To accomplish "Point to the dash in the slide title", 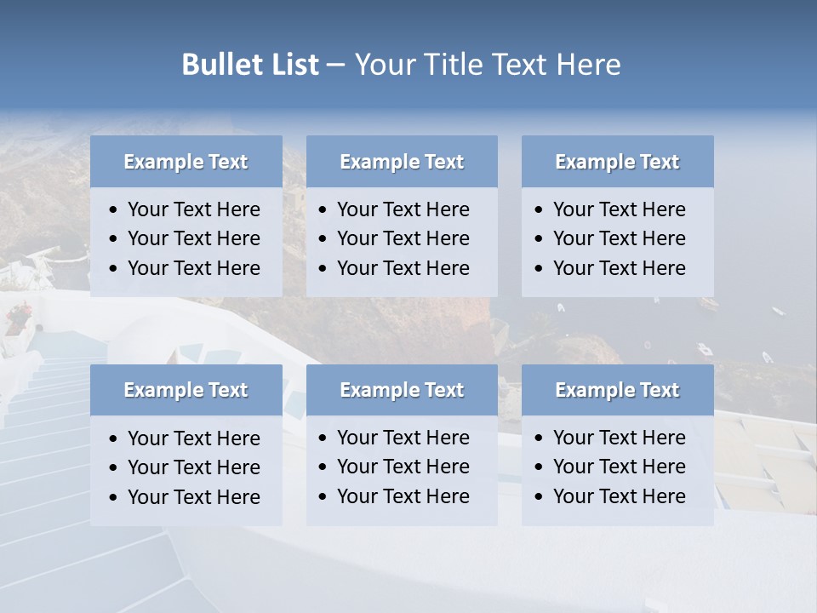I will [335, 66].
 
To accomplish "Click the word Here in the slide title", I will [588, 65].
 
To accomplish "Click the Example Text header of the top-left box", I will [186, 162].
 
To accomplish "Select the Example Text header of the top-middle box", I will [402, 162].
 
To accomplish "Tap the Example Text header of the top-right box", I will [617, 162].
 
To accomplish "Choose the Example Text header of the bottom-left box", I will [186, 390].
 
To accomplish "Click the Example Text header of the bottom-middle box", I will [402, 390].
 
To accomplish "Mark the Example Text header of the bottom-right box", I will [617, 390].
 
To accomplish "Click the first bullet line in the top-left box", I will [193, 209].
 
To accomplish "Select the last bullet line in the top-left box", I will [193, 268].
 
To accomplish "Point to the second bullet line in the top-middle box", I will [403, 238].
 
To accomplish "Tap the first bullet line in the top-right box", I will [619, 209].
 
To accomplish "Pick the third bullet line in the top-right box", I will [619, 268].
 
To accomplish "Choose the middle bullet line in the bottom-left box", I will [193, 467].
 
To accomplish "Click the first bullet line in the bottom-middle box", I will [403, 438].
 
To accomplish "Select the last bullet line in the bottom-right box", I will [619, 496].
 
